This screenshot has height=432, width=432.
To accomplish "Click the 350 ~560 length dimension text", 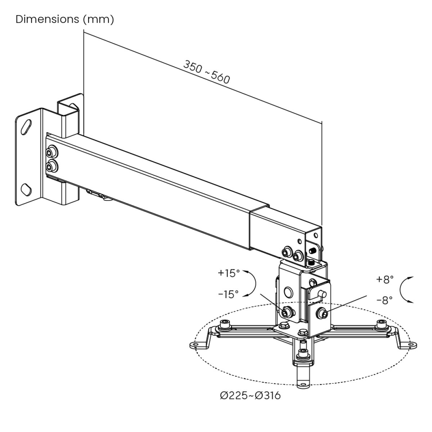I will click(206, 72).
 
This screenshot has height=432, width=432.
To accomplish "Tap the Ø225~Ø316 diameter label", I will click(250, 396).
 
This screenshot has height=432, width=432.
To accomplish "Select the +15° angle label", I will click(229, 273).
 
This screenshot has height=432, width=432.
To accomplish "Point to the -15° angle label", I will click(228, 294).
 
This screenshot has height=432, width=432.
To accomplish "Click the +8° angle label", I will click(385, 280).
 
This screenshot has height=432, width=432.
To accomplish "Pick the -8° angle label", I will click(385, 301).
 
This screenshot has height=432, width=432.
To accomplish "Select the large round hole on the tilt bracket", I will click(288, 292).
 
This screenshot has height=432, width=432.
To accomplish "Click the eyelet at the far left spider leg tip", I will click(195, 346).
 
